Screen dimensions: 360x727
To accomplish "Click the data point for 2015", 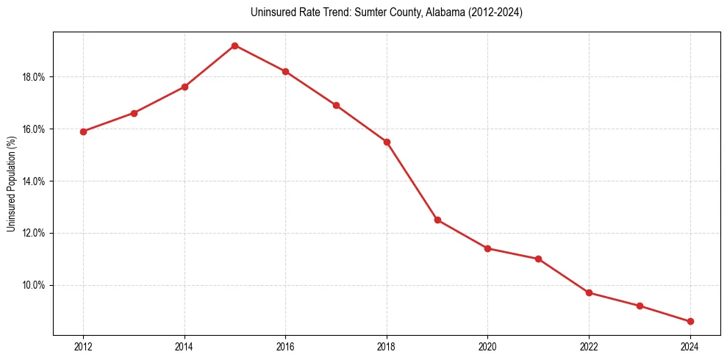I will coord(234,46).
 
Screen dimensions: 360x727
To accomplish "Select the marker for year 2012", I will coord(83,132).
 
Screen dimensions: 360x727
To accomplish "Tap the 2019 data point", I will coord(437,220).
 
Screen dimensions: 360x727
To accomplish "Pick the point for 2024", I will coord(690,321).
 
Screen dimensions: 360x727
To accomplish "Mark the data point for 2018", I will coord(387,142).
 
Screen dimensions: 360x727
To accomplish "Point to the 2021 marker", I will coord(538,259).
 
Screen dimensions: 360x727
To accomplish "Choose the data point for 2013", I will coord(134,113).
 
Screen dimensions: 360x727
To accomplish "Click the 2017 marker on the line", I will coord(336,105).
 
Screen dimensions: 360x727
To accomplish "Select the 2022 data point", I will coord(589,292).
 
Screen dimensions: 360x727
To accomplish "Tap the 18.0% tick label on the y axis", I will coord(35,77).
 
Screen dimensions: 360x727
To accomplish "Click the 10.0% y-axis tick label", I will coord(35,285).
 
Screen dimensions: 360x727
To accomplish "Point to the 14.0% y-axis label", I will coord(35,181).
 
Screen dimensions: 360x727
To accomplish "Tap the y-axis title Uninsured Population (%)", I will coord(11,184).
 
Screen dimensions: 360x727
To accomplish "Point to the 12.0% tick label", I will coord(35,233).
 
